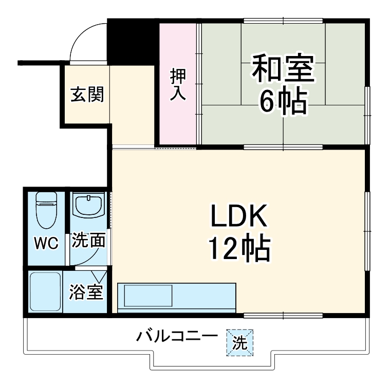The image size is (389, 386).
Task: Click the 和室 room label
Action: (x=282, y=71)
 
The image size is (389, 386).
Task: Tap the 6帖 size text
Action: (x=282, y=102)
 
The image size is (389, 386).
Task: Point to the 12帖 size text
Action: (x=238, y=250)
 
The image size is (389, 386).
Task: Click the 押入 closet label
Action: (x=178, y=85)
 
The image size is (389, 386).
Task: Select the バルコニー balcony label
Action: (x=177, y=337)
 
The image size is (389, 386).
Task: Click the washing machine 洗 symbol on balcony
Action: (x=240, y=342)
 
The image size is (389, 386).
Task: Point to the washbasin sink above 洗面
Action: (x=89, y=206)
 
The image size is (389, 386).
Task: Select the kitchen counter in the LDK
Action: (x=177, y=297)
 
